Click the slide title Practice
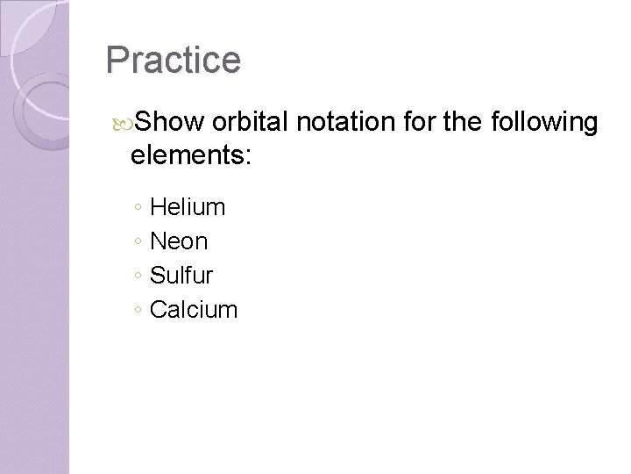(173, 60)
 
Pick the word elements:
(190, 156)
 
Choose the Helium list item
(188, 207)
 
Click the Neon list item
(179, 241)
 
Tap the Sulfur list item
(181, 275)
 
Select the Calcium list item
(194, 309)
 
